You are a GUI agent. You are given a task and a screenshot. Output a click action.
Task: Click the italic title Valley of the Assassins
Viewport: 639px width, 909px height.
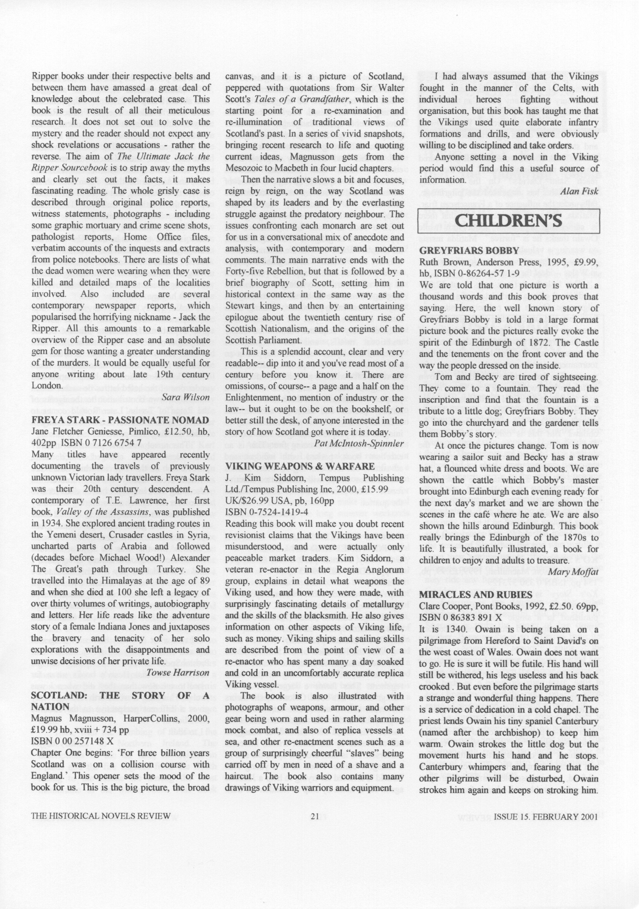coord(103,512)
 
